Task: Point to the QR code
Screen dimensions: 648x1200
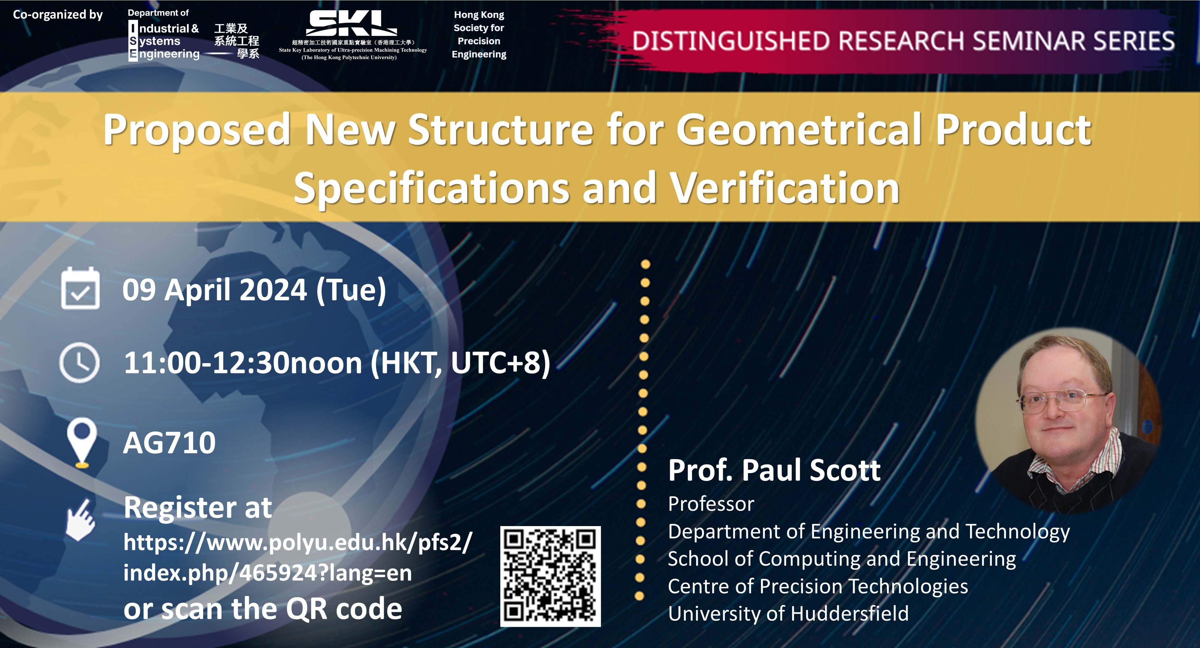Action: tap(550, 576)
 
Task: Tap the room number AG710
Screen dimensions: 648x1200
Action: tap(169, 443)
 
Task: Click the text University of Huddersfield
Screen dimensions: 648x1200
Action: tap(788, 613)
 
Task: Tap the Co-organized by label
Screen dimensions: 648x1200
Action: tap(58, 14)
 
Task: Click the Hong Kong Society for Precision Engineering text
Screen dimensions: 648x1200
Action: tap(479, 35)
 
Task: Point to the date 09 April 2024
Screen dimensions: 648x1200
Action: tap(214, 290)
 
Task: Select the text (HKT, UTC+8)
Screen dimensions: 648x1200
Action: tap(460, 363)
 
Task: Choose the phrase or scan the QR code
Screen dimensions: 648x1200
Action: tap(263, 609)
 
